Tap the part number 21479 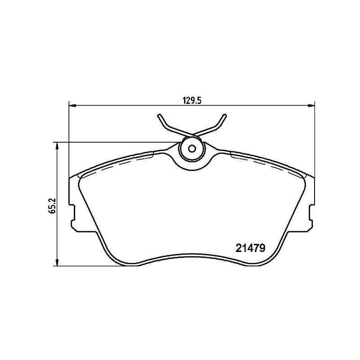tap(251, 248)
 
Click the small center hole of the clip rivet tap(192, 149)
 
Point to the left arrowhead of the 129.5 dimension tap(72, 106)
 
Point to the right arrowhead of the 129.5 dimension tap(311, 106)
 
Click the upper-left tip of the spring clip tap(159, 116)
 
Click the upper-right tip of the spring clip tap(225, 115)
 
